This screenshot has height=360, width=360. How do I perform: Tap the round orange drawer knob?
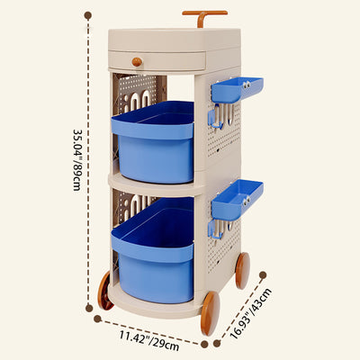(137, 62)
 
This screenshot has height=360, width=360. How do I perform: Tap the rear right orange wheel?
(242, 270)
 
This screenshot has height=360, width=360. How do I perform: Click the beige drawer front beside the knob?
(171, 61)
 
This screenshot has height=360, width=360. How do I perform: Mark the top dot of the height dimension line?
(88, 15)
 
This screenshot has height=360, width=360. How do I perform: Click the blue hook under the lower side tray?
(214, 229)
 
